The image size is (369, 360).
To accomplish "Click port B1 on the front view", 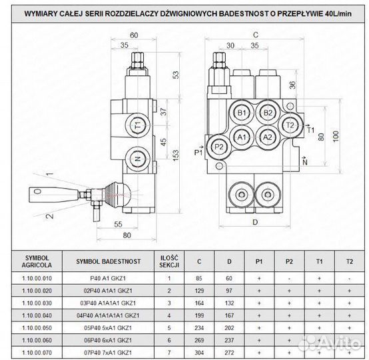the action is [242, 113].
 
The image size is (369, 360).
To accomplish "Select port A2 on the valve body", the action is [268, 137].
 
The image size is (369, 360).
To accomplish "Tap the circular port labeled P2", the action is [219, 147].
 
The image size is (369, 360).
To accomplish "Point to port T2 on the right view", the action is [290, 125].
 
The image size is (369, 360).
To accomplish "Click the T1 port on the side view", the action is [138, 125].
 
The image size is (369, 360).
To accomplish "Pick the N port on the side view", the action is [138, 159].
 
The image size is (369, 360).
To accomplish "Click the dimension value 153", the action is [176, 155].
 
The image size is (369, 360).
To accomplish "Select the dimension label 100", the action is [336, 136].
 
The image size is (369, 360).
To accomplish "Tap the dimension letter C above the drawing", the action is [256, 35].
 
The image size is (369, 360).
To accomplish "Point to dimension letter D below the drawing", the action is [255, 222].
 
